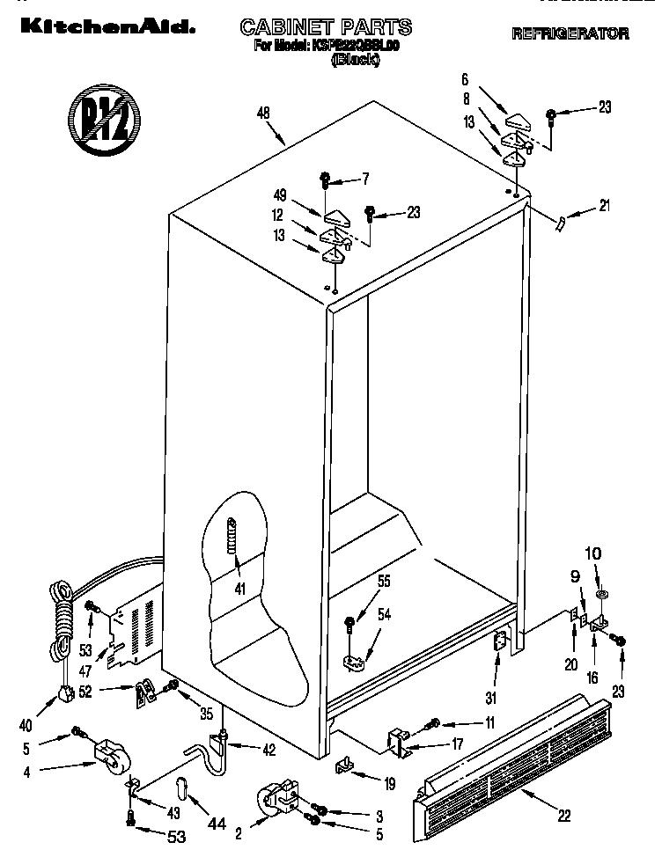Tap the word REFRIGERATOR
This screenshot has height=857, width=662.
(x=570, y=34)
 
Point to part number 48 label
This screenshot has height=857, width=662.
(x=262, y=112)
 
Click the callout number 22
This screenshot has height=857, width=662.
(x=564, y=817)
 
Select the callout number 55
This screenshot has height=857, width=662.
(x=384, y=582)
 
